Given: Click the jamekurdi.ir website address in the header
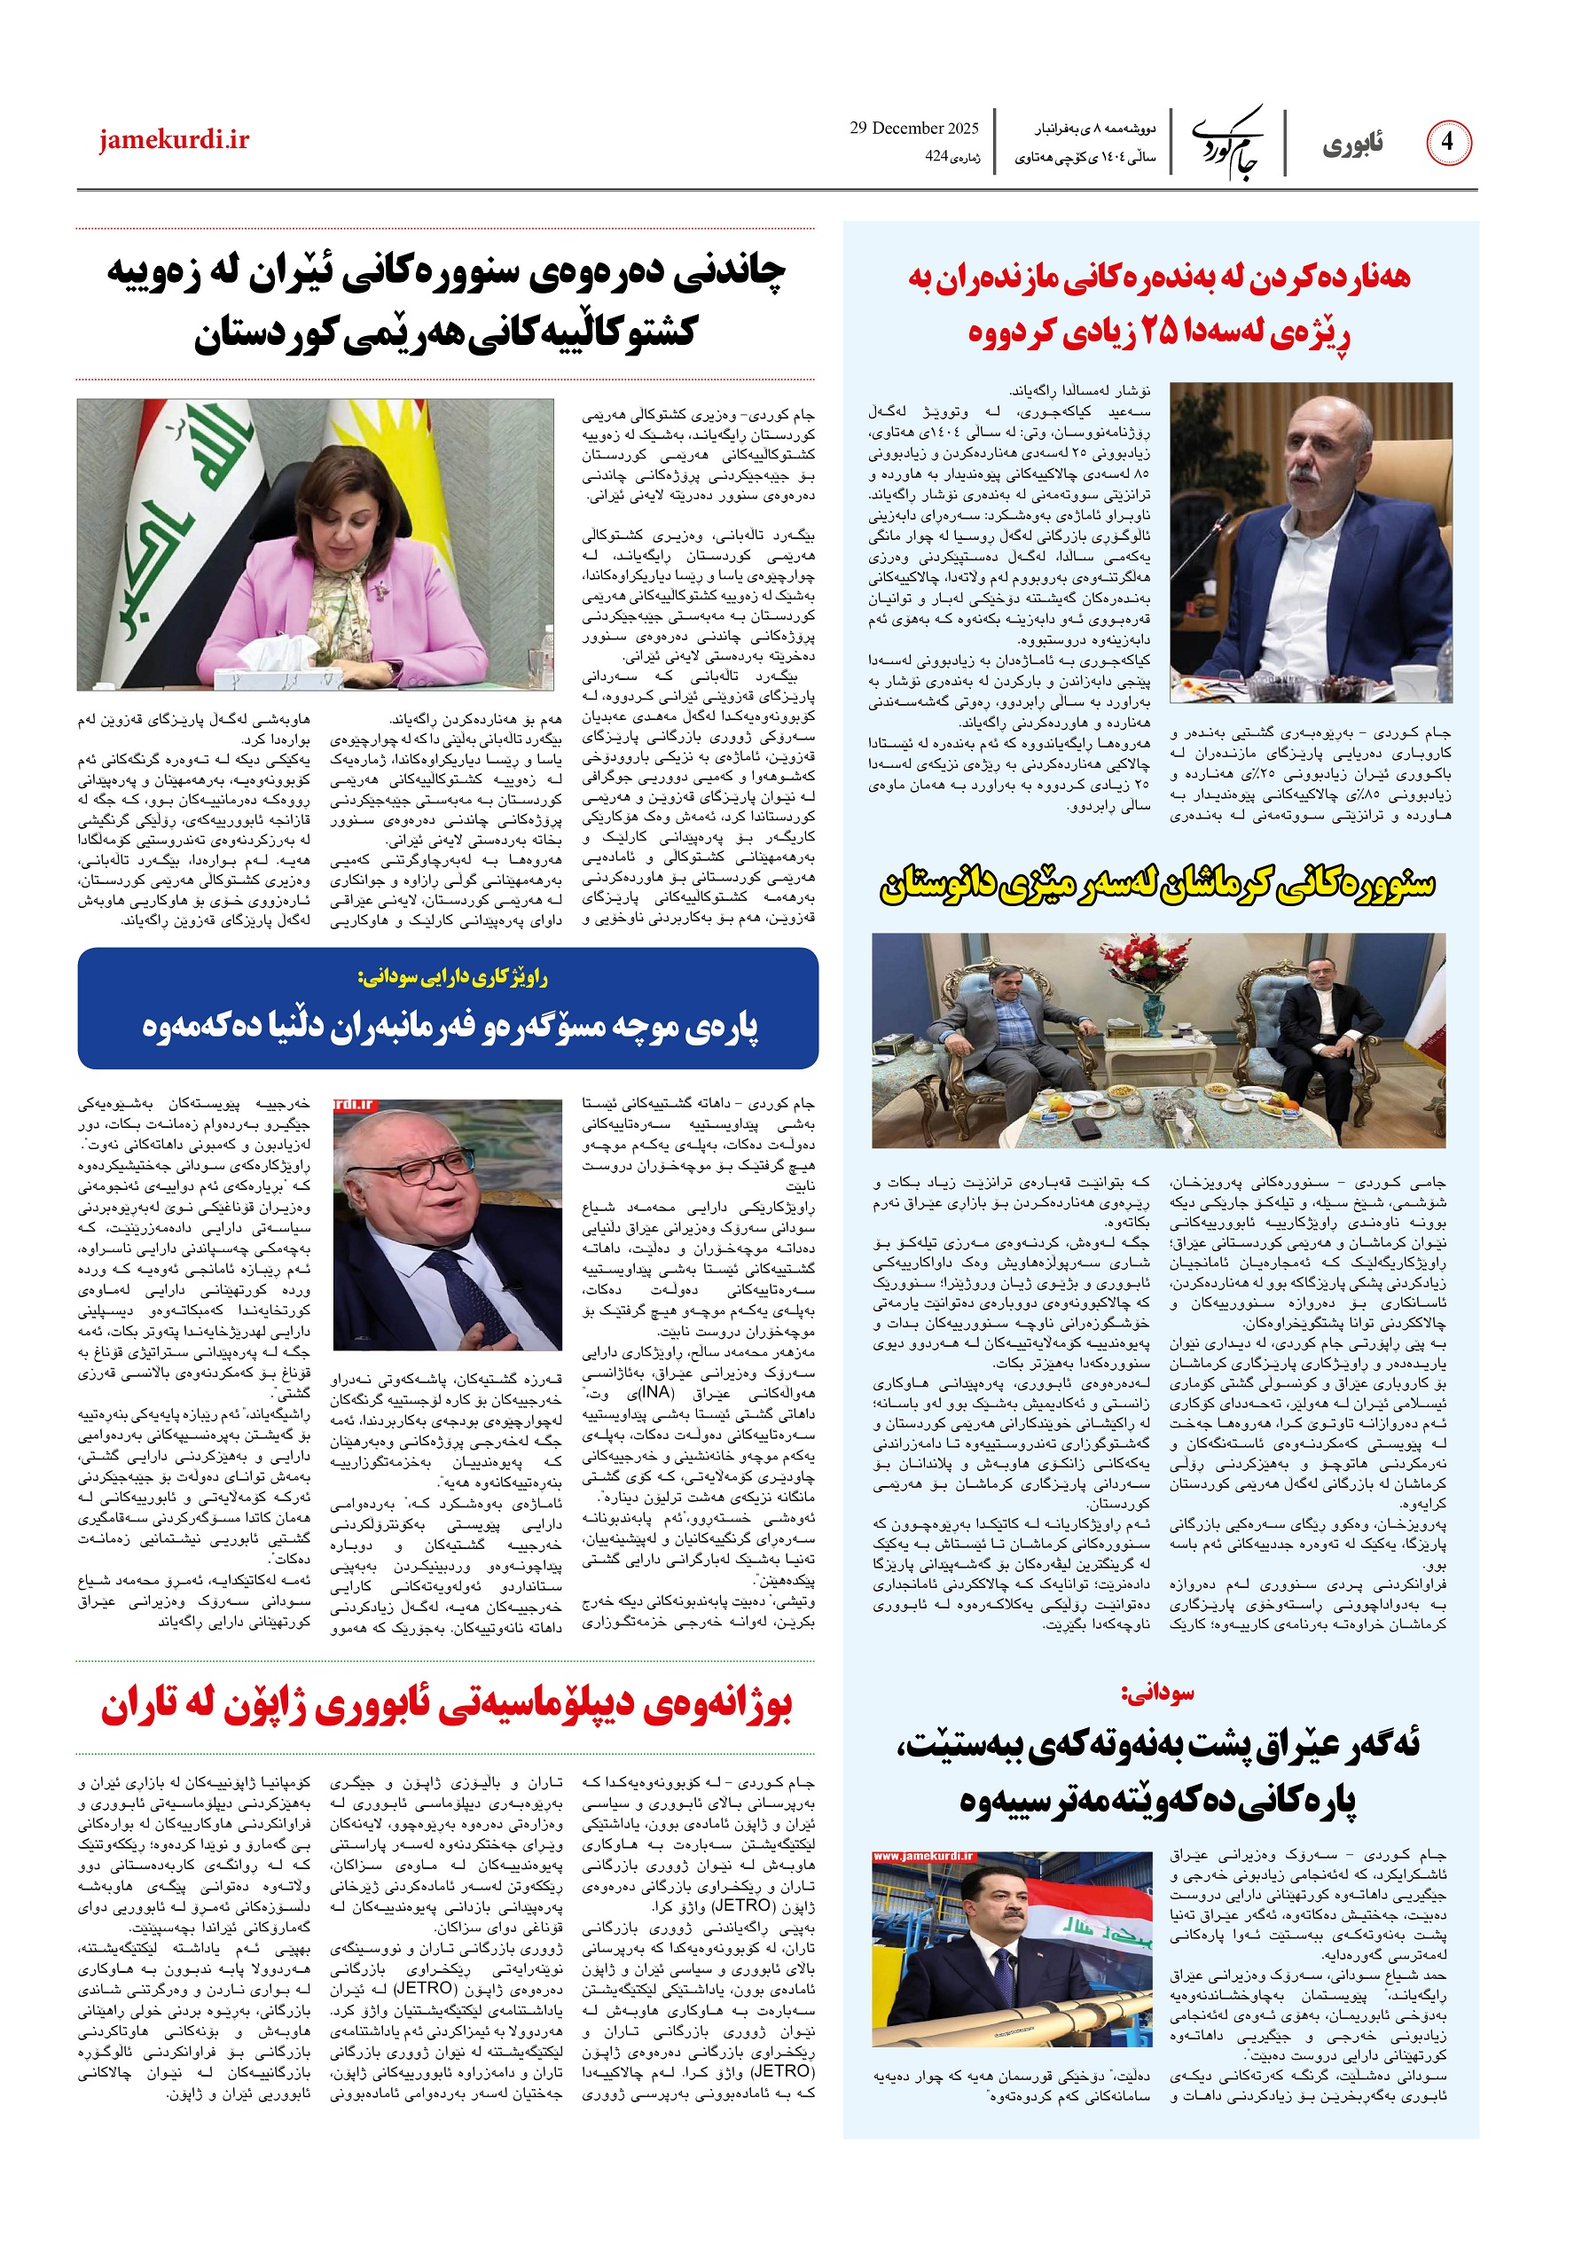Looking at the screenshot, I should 174,141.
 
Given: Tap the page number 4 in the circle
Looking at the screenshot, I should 1446,142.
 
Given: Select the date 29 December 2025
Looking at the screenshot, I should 913,128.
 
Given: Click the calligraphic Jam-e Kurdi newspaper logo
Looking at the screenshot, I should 1227,143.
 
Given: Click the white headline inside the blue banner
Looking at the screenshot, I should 450,1027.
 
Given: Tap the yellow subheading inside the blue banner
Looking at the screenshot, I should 453,978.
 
